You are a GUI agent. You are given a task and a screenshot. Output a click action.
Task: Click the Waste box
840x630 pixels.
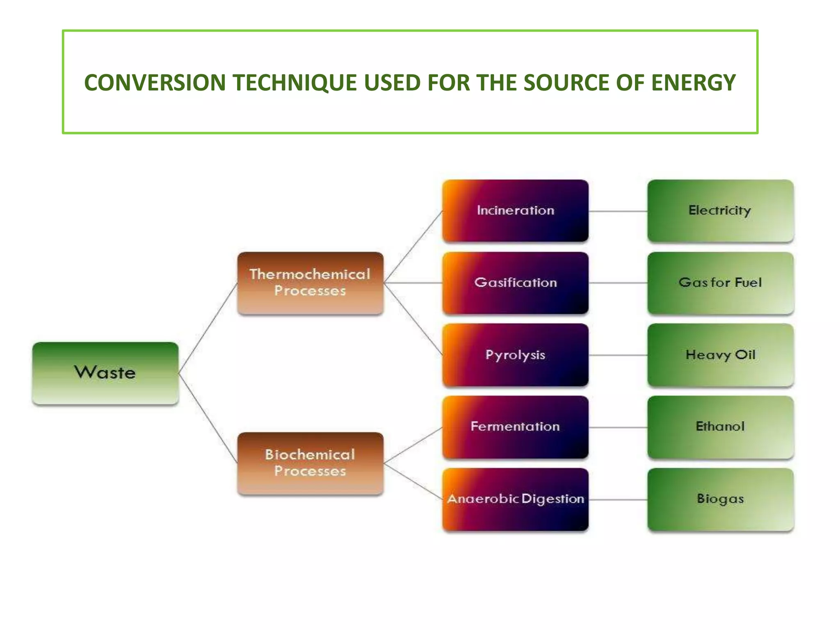pos(105,373)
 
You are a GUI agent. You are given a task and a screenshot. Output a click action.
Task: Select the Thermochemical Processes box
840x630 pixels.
pos(310,283)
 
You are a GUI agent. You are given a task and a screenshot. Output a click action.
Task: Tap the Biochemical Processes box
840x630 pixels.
pos(310,463)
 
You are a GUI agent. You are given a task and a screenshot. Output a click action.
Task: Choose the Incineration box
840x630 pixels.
pos(516,211)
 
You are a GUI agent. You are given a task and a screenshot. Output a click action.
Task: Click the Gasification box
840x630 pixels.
pos(516,283)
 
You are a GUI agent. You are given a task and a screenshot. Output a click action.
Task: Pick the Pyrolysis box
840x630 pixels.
pos(516,355)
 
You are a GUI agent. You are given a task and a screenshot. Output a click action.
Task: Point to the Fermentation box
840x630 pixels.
pos(516,427)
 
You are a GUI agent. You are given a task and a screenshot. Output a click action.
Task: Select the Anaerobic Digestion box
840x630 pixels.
pos(516,499)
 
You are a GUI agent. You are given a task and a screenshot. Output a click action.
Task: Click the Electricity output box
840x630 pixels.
pos(721,211)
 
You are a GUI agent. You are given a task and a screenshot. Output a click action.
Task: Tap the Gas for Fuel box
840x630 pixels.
pos(721,283)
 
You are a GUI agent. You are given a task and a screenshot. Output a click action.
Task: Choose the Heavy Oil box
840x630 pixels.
pos(721,355)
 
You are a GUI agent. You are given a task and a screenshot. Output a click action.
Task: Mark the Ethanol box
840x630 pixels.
pos(721,427)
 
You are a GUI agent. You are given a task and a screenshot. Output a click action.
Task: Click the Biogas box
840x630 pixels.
pos(721,499)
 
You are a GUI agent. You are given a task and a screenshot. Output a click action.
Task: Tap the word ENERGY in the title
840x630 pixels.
pos(693,82)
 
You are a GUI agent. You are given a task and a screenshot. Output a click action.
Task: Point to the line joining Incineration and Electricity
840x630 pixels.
pos(618,211)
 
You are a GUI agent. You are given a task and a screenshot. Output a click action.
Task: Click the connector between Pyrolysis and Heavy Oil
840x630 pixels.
pos(618,355)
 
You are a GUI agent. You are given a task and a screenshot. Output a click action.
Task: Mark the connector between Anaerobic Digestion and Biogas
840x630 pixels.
pos(618,500)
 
